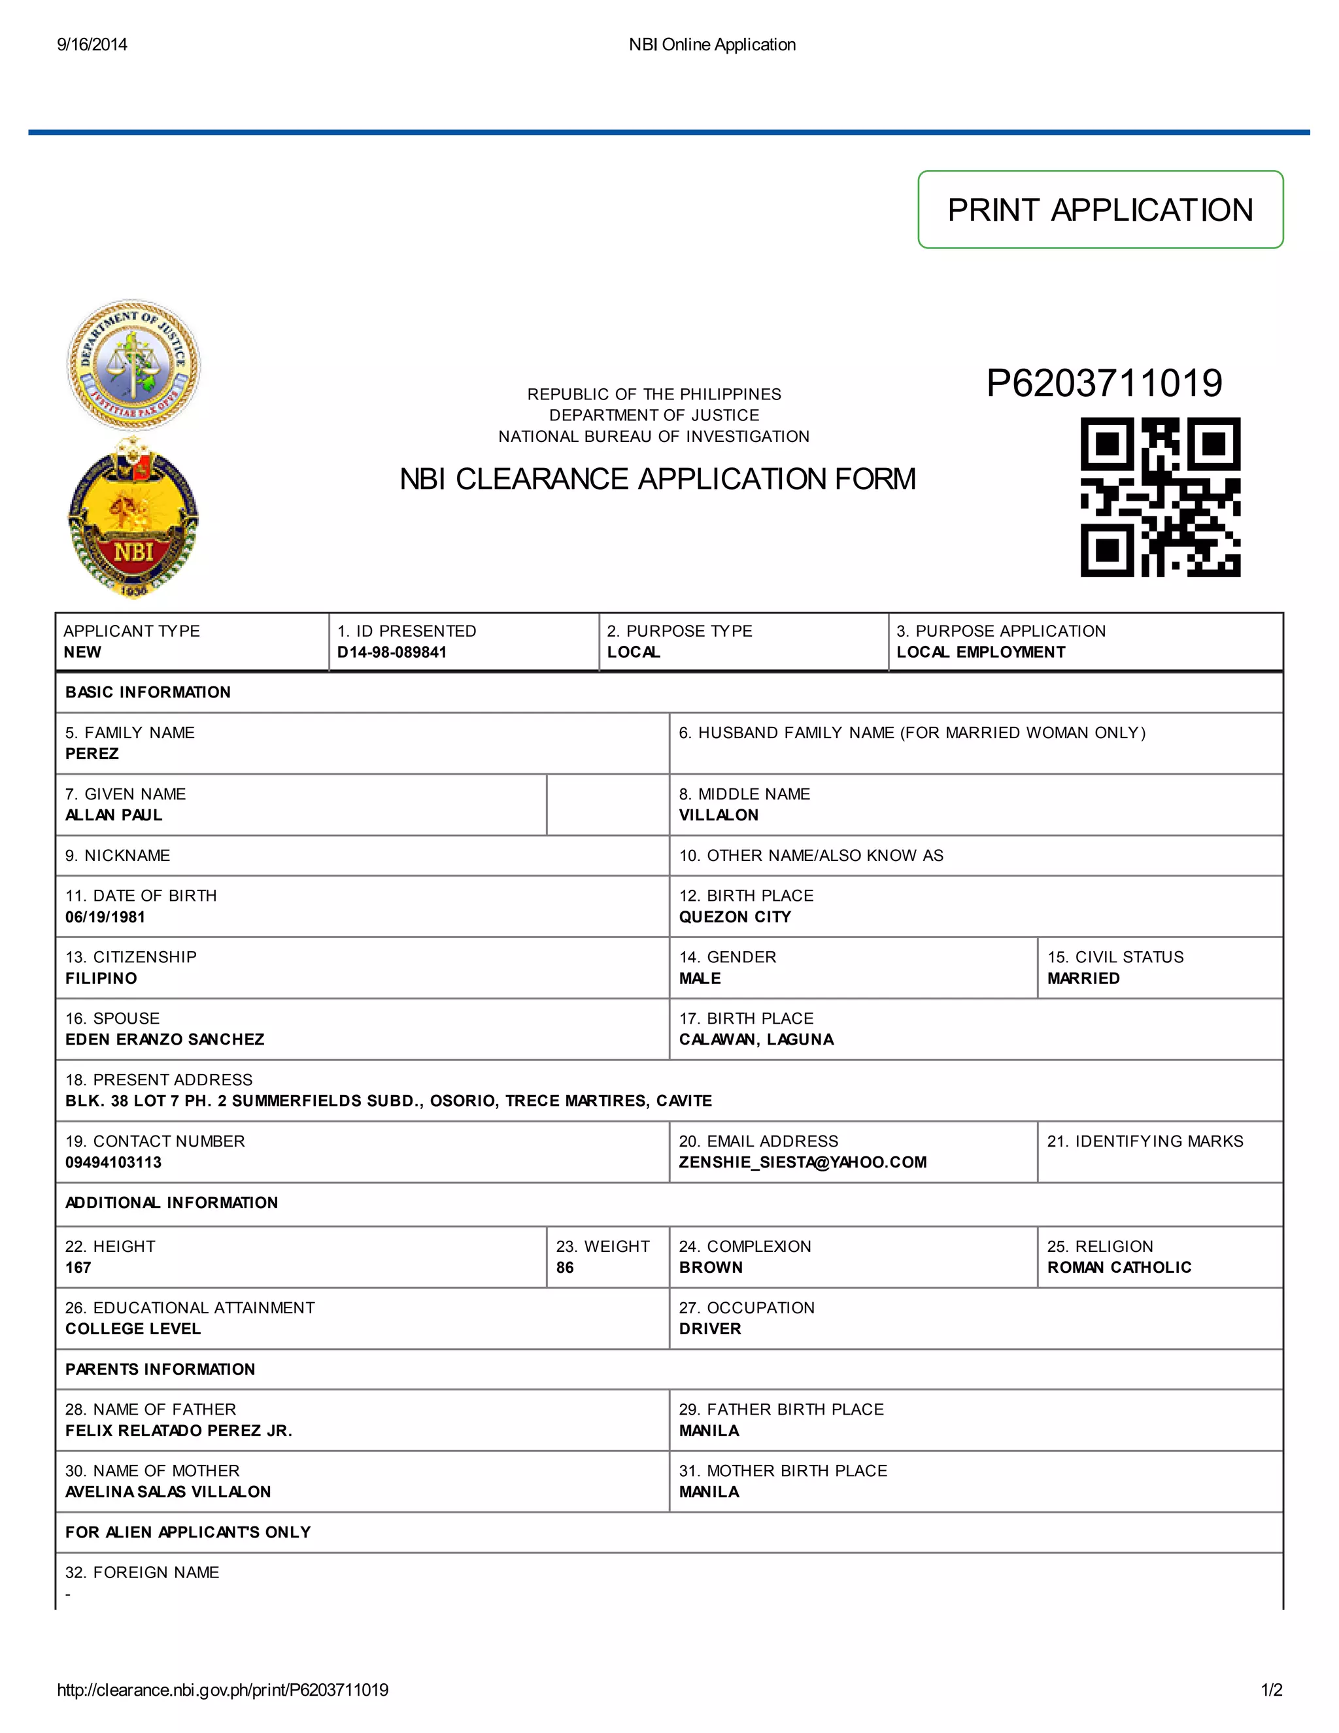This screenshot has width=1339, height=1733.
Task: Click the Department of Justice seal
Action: click(x=133, y=365)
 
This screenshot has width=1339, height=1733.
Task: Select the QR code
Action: click(x=1160, y=497)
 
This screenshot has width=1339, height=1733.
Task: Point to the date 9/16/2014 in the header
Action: click(x=92, y=44)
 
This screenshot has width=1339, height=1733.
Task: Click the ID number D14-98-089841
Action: click(x=392, y=652)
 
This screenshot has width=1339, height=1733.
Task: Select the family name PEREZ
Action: click(x=92, y=754)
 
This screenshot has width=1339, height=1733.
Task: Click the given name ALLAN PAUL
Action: click(x=114, y=815)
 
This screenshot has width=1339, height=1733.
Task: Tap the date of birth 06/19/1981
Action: click(x=105, y=917)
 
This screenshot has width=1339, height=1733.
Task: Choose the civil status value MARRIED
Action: click(x=1083, y=979)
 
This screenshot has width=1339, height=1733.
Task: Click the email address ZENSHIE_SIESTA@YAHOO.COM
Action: click(x=802, y=1162)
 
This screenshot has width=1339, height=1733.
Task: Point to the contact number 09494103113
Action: click(x=114, y=1162)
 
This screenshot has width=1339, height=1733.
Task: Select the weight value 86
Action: click(x=564, y=1267)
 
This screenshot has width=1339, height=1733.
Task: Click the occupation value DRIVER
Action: click(x=709, y=1329)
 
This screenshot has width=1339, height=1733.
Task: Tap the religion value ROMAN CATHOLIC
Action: click(x=1119, y=1267)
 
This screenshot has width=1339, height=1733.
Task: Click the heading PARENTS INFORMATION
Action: click(x=160, y=1370)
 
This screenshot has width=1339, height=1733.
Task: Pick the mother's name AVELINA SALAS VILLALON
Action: click(x=168, y=1492)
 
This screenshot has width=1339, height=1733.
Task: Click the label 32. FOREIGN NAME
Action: click(x=142, y=1573)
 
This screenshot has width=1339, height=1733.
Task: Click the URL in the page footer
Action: click(x=223, y=1690)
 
